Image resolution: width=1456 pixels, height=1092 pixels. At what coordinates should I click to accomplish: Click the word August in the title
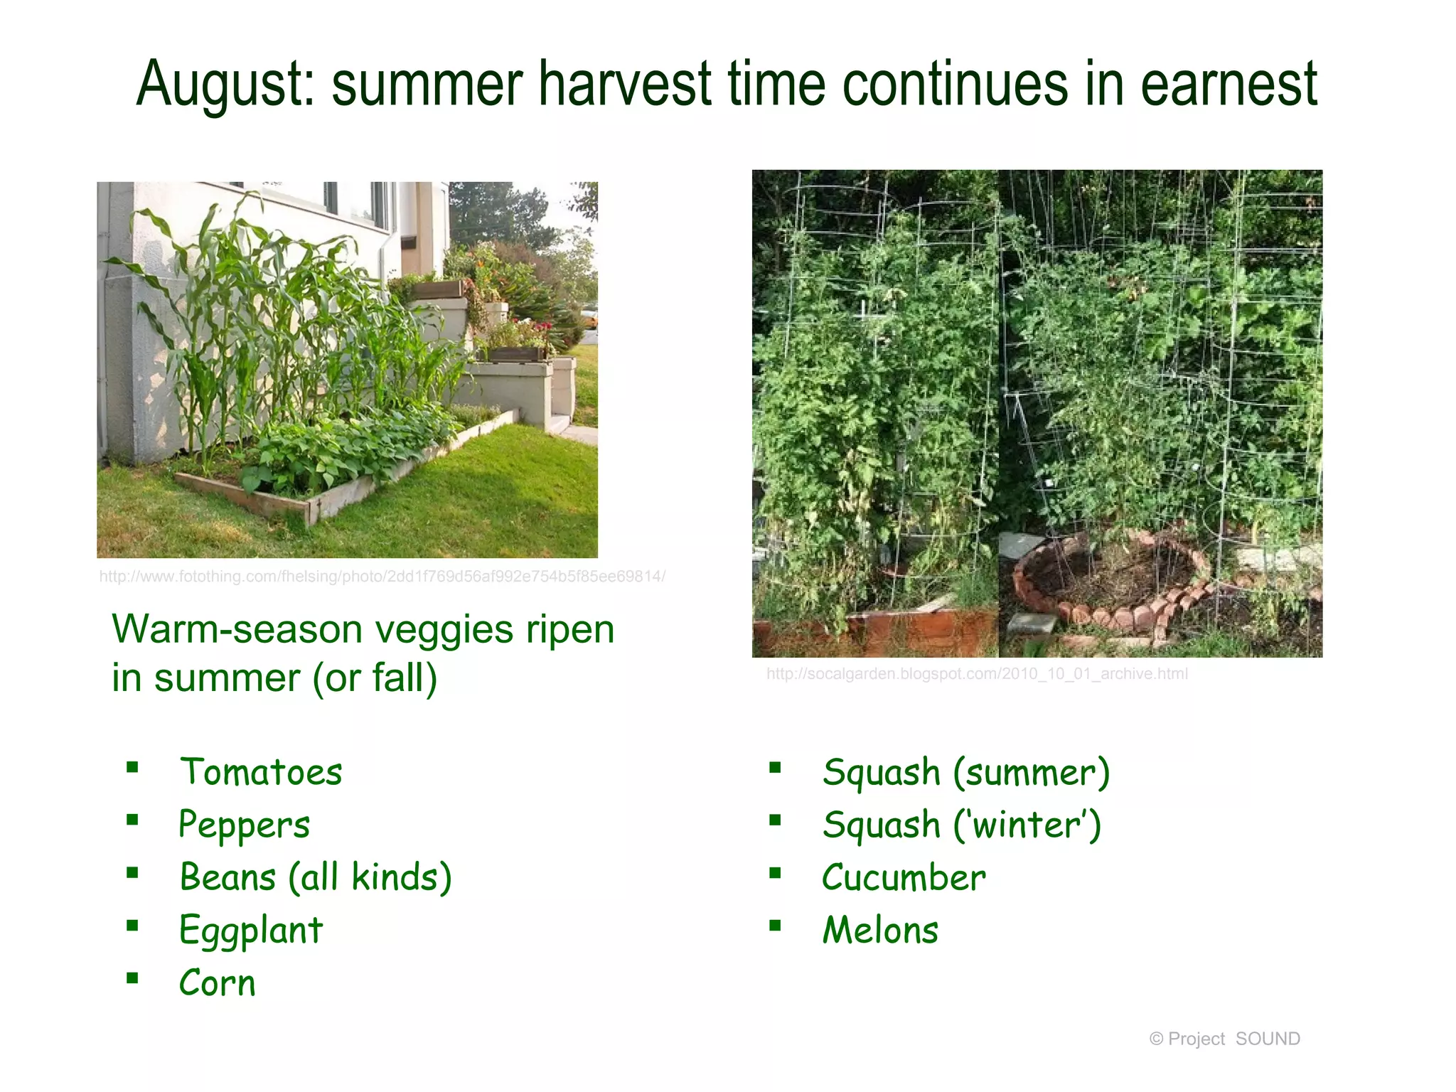click(x=225, y=85)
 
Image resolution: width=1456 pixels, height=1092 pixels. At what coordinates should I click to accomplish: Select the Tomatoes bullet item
click(x=261, y=773)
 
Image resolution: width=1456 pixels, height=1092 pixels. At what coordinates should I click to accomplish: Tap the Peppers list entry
click(x=244, y=825)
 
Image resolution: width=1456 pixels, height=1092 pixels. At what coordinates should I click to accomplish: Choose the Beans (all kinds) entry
click(x=316, y=877)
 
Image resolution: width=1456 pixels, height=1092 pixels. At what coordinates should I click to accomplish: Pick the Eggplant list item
click(x=251, y=931)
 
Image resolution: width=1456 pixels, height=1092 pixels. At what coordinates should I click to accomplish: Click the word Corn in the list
click(x=217, y=983)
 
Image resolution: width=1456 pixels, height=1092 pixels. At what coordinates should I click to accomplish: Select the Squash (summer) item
click(x=965, y=773)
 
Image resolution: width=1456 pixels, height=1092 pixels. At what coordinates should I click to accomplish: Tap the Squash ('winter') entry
click(x=961, y=825)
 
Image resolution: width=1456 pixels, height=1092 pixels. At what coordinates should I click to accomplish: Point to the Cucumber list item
click(x=904, y=878)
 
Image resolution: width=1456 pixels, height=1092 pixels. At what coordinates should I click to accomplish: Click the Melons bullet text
click(x=880, y=931)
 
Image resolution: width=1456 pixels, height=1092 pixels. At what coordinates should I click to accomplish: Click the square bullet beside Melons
click(x=775, y=925)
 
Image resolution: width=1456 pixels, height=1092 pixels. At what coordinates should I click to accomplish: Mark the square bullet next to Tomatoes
click(x=132, y=767)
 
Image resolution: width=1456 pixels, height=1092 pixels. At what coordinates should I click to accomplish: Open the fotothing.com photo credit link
click(x=382, y=577)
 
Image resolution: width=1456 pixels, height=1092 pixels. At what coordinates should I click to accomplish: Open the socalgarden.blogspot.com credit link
click(x=976, y=674)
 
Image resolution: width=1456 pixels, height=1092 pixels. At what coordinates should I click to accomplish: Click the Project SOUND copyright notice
click(x=1224, y=1039)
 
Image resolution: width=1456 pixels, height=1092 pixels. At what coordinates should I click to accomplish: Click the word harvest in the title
click(x=625, y=85)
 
